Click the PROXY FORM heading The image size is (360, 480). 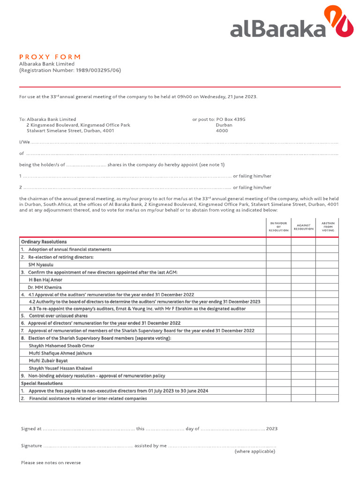click(50, 56)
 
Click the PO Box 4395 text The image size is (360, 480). click(231, 119)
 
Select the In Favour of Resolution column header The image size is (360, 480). click(278, 227)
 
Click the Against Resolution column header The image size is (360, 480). click(303, 227)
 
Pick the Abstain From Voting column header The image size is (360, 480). click(327, 227)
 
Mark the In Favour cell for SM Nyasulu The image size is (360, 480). click(278, 264)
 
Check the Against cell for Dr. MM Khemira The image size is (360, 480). click(303, 287)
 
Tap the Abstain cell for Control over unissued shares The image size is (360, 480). click(327, 315)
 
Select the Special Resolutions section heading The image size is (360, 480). click(42, 383)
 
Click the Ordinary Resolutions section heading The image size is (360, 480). click(44, 241)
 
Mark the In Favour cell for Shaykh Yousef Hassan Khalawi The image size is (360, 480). click(278, 368)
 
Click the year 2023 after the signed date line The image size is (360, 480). click(272, 428)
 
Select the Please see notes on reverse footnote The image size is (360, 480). click(51, 463)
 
